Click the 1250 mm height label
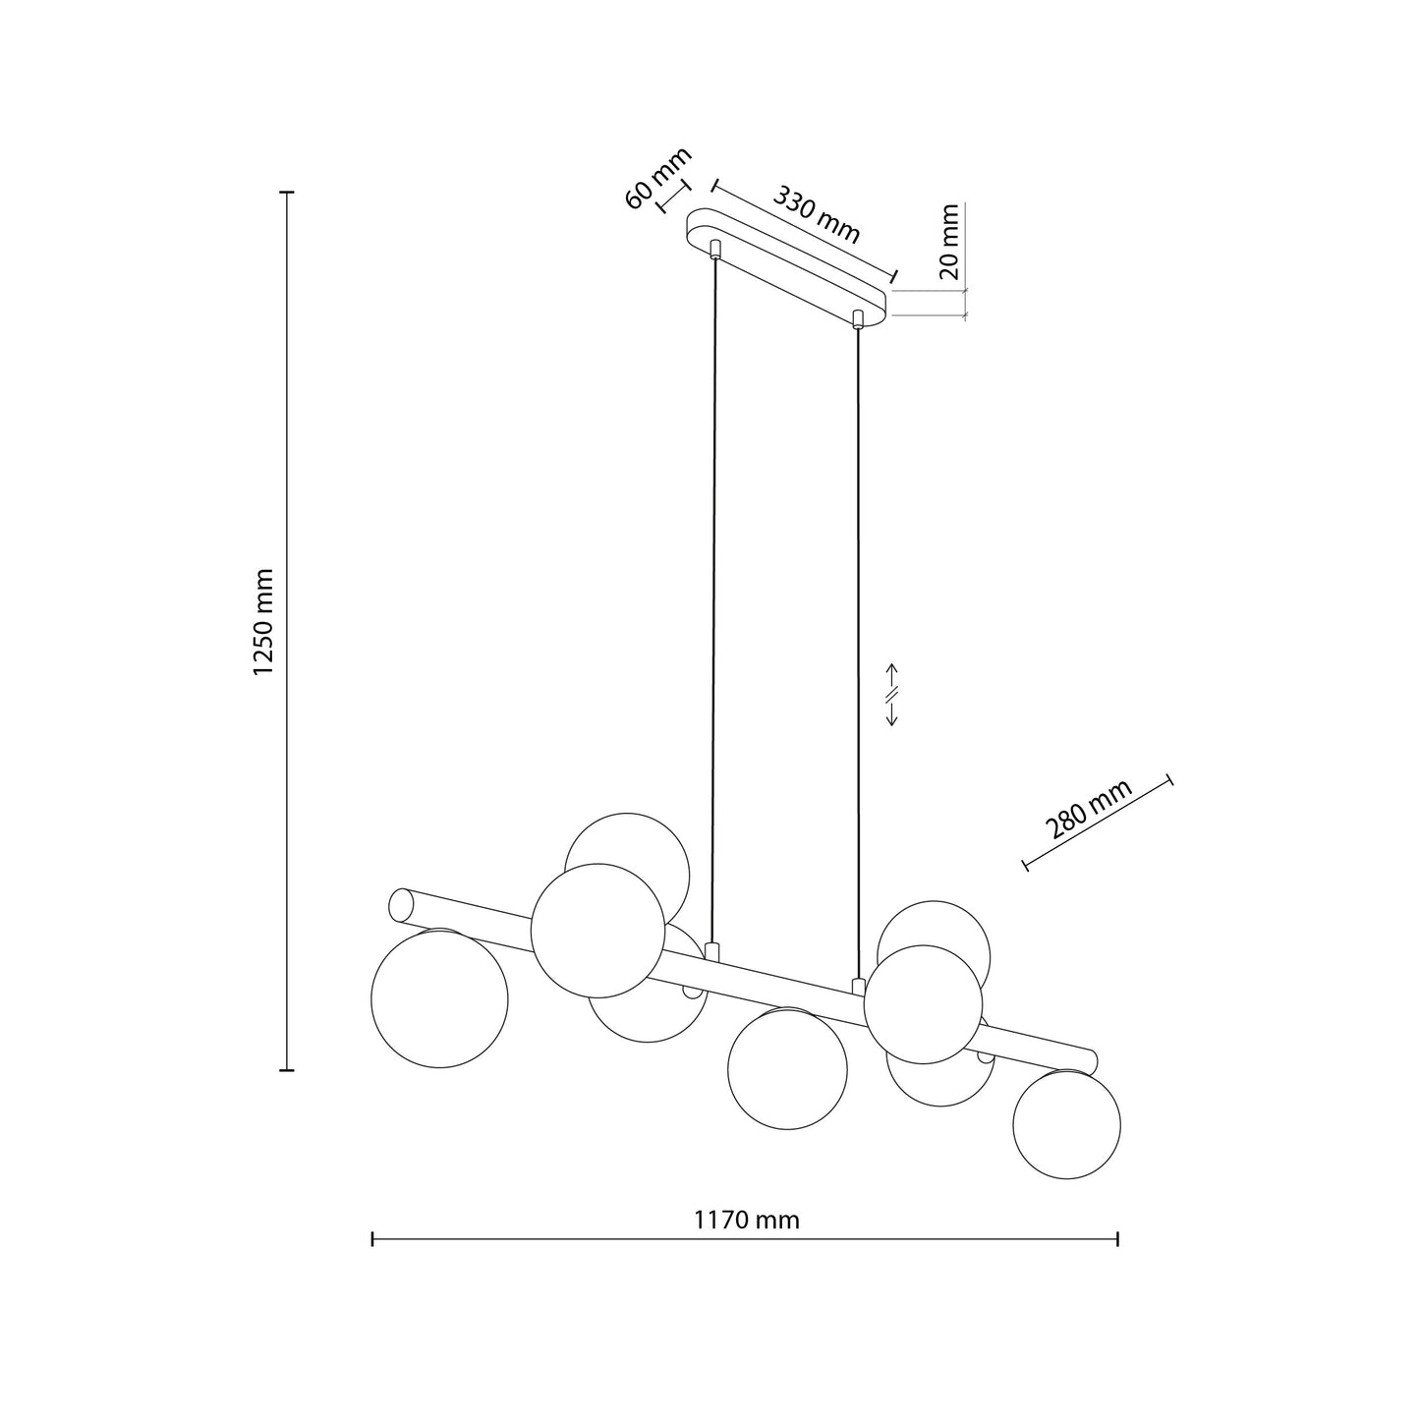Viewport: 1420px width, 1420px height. [x=262, y=621]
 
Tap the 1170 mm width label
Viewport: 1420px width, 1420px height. [x=747, y=1221]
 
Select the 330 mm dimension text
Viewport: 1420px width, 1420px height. [x=817, y=214]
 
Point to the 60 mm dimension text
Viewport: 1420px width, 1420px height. [x=658, y=178]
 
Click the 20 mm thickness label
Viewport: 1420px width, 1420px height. [x=949, y=242]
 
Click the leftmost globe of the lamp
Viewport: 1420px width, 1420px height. [x=439, y=998]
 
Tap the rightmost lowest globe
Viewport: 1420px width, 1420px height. [x=1066, y=1124]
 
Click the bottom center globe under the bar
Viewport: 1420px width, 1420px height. [x=787, y=1069]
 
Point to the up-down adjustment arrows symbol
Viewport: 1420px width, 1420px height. [x=892, y=694]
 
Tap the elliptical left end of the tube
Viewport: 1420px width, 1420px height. [x=401, y=905]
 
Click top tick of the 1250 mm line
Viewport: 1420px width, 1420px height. [x=287, y=193]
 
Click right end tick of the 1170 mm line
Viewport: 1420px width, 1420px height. [x=1118, y=1240]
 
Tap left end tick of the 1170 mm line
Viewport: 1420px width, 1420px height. [x=372, y=1240]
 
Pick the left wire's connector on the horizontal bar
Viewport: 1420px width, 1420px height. [x=713, y=951]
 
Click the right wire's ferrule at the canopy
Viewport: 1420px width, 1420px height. [x=859, y=318]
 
